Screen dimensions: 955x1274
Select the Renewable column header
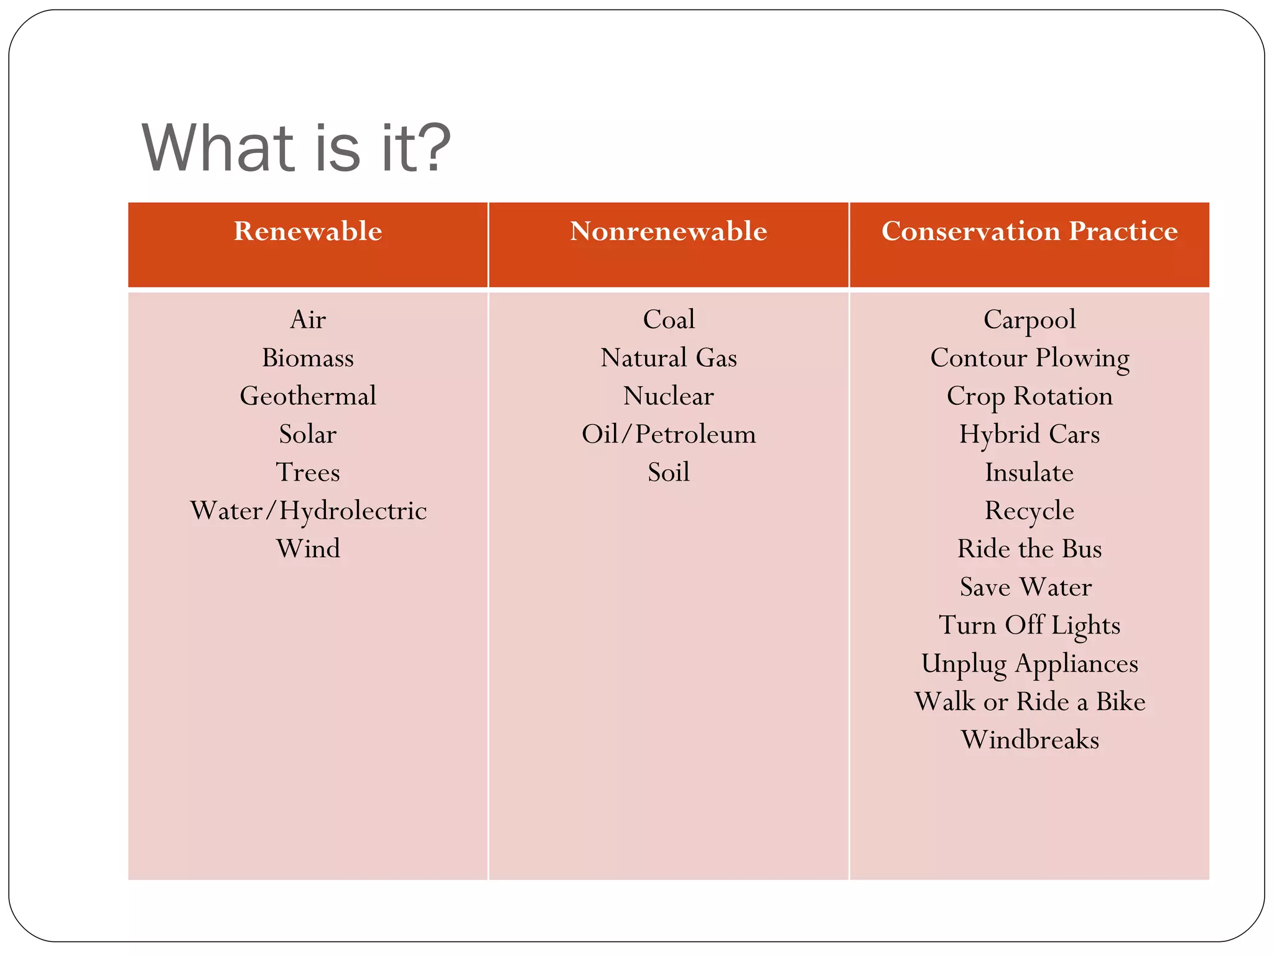click(308, 231)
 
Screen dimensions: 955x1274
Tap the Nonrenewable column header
click(668, 231)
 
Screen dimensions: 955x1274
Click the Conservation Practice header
click(1030, 231)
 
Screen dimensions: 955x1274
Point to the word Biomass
click(308, 358)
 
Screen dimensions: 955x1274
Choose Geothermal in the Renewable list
click(308, 396)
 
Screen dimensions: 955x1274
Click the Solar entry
click(308, 434)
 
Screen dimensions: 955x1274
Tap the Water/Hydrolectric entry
click(308, 510)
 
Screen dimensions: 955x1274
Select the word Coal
click(669, 320)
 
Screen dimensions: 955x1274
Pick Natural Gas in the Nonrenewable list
click(669, 358)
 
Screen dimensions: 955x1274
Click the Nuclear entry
click(669, 396)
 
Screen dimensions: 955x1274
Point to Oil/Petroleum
click(669, 434)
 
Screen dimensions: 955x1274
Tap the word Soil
click(669, 473)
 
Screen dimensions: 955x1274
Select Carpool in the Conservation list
click(1030, 320)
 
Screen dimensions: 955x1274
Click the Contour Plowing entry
click(1030, 358)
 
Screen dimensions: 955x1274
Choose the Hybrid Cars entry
click(1030, 434)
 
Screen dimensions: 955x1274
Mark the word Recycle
click(1030, 510)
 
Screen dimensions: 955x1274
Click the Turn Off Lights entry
click(1030, 625)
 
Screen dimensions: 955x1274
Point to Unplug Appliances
click(1030, 663)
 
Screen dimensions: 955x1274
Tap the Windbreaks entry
click(1030, 740)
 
